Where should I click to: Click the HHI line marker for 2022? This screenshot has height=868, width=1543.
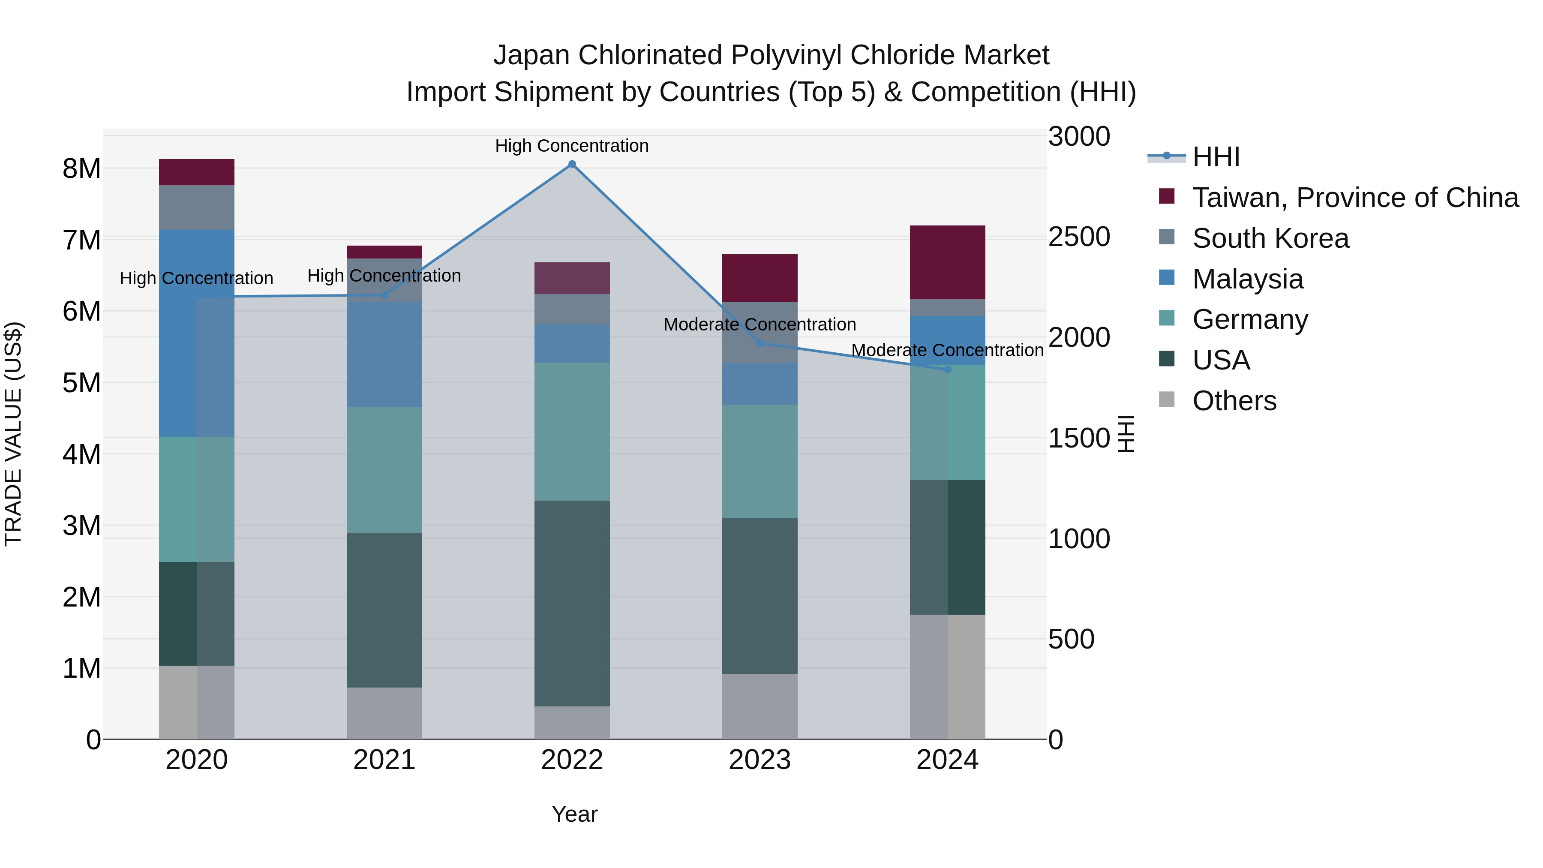click(572, 164)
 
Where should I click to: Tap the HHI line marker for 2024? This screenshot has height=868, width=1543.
click(948, 369)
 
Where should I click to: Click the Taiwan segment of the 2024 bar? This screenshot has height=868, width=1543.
click(948, 262)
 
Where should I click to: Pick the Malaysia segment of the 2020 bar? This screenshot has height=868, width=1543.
click(196, 333)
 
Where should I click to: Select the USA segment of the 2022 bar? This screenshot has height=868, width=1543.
click(572, 603)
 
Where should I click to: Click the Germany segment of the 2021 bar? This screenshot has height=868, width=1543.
click(384, 470)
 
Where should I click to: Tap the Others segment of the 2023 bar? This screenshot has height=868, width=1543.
click(759, 706)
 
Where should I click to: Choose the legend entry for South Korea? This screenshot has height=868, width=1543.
click(1270, 238)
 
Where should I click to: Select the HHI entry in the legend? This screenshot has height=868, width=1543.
click(1216, 157)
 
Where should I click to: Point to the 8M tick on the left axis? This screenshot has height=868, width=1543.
click(81, 169)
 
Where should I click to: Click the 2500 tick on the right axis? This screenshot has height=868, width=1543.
click(1079, 237)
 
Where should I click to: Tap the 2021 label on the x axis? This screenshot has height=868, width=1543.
click(384, 760)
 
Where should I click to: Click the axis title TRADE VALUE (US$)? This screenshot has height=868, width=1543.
click(14, 434)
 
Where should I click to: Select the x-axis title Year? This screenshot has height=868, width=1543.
click(574, 814)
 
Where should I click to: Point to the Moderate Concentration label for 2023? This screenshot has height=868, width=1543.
click(759, 324)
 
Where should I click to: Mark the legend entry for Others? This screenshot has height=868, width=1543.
click(1234, 401)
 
